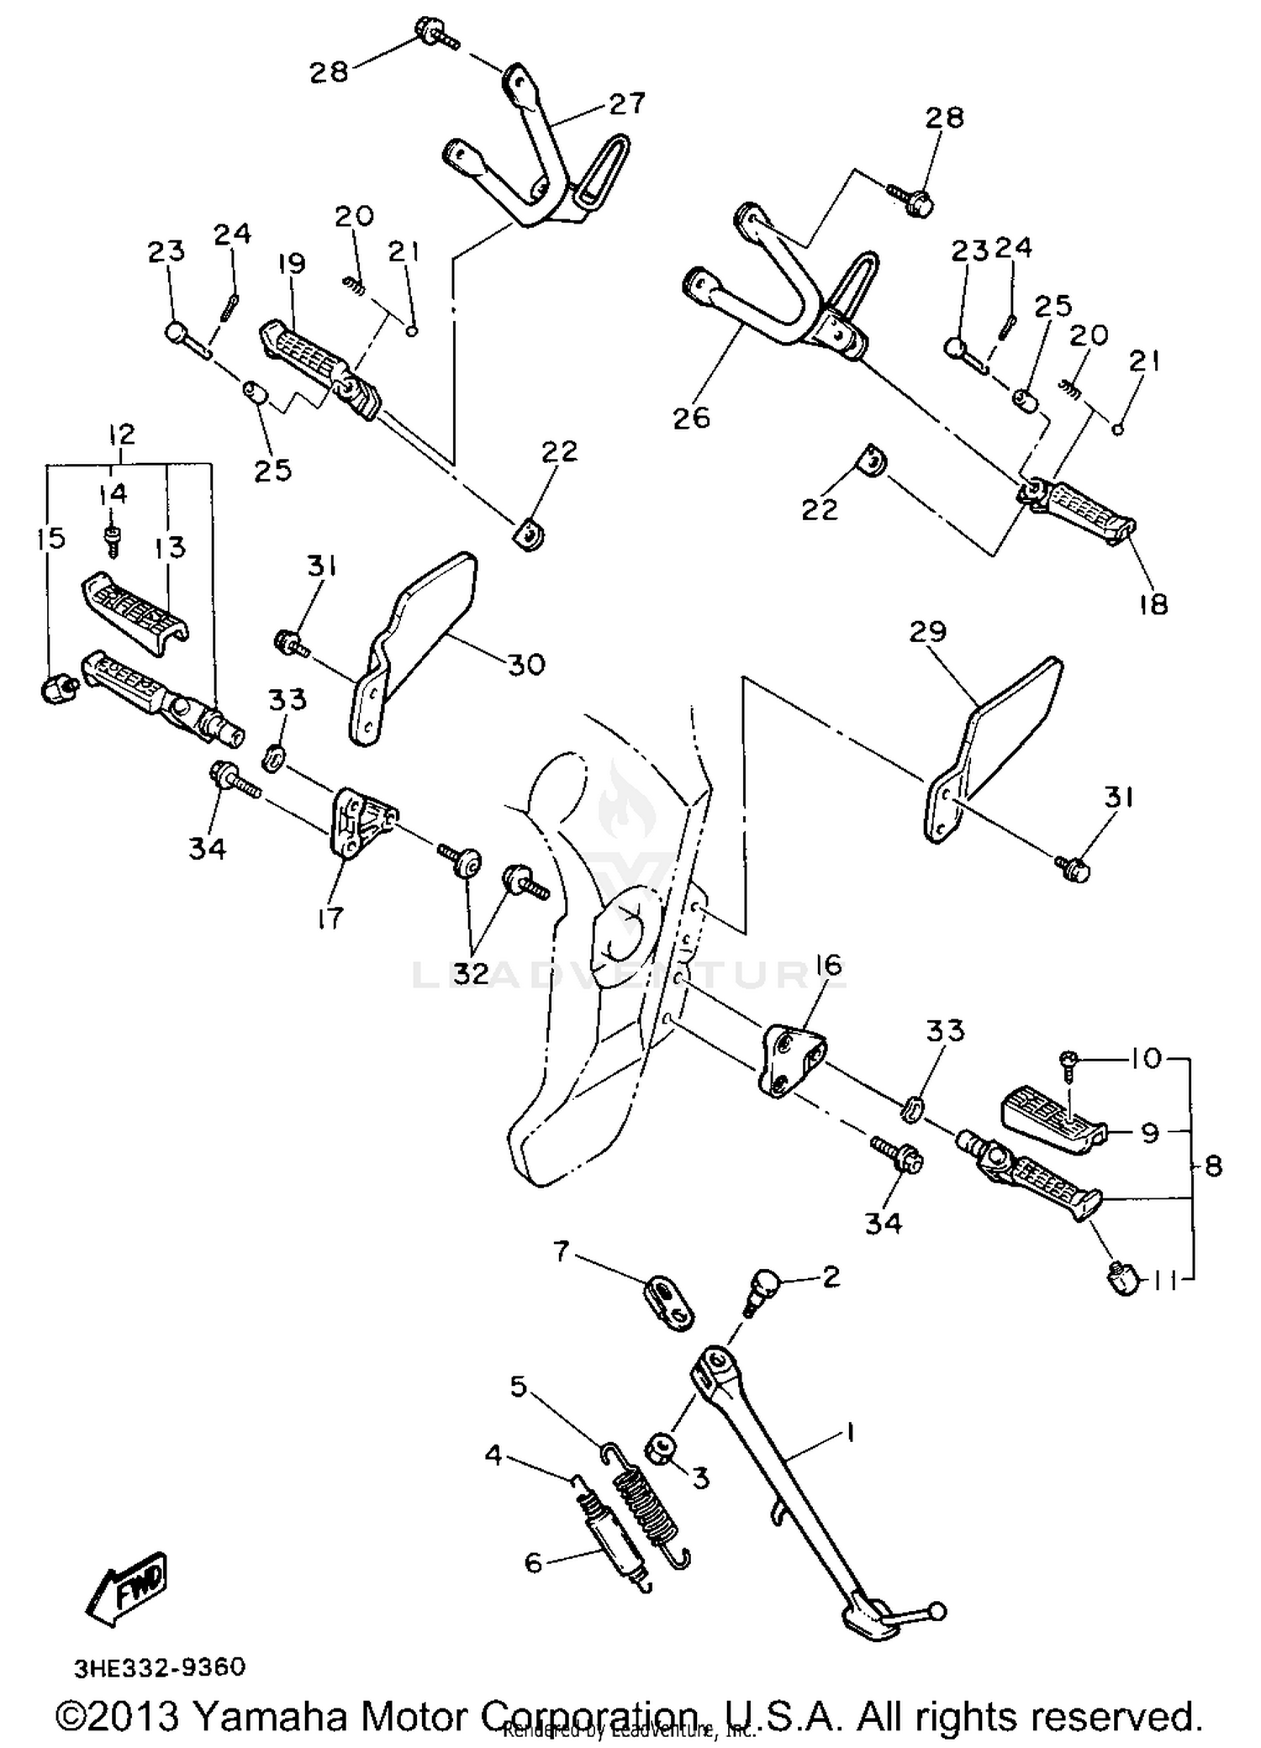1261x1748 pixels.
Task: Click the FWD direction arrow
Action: tap(129, 1587)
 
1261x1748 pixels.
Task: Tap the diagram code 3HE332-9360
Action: tap(160, 1667)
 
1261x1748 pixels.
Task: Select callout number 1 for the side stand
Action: tap(849, 1432)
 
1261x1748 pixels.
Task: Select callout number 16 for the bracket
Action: tap(829, 965)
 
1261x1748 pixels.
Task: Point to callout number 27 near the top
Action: tap(627, 103)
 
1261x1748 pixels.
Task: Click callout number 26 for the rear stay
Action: tap(692, 418)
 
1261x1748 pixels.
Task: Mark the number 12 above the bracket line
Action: tap(121, 434)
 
